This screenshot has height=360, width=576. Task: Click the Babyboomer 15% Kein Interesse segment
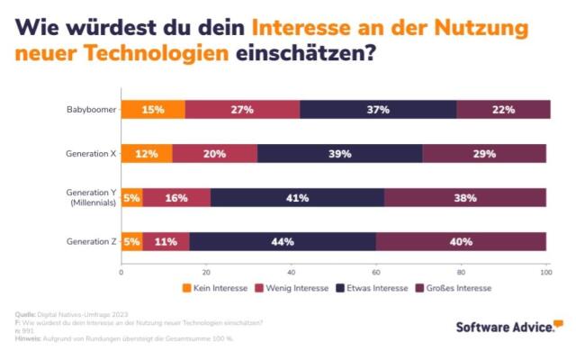point(153,110)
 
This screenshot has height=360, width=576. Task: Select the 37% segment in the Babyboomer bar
point(378,110)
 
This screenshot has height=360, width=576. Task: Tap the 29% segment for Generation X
point(484,154)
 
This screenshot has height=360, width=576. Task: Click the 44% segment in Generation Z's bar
point(283,241)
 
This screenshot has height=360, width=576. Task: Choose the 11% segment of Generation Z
point(166,241)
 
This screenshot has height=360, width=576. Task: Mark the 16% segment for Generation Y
point(176,198)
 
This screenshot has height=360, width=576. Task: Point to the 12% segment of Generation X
point(147,154)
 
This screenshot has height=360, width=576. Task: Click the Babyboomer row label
point(90,110)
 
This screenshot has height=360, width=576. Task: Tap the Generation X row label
point(91,154)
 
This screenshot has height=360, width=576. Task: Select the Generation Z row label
point(91,241)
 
